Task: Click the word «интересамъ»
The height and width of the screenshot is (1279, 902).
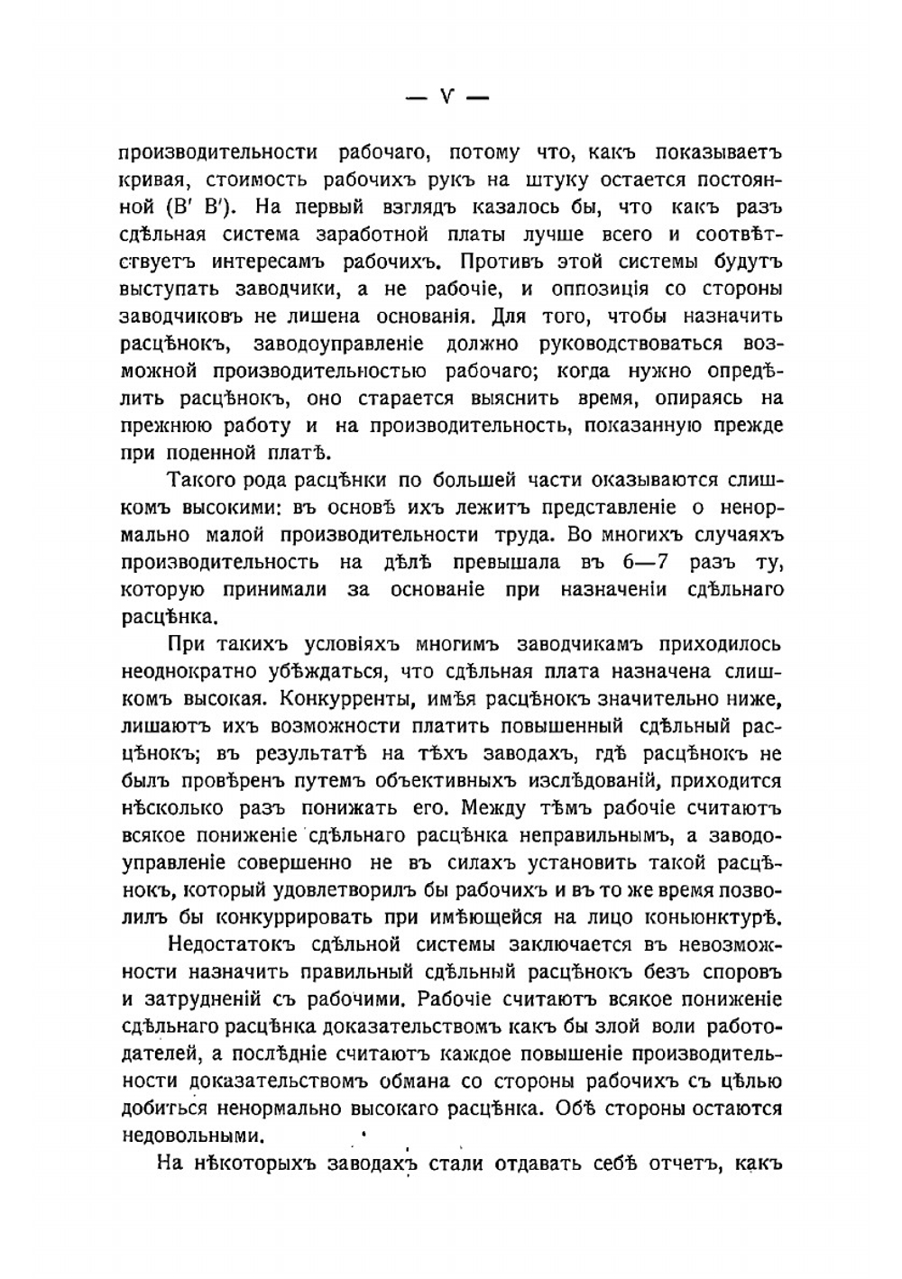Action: [x=271, y=262]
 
